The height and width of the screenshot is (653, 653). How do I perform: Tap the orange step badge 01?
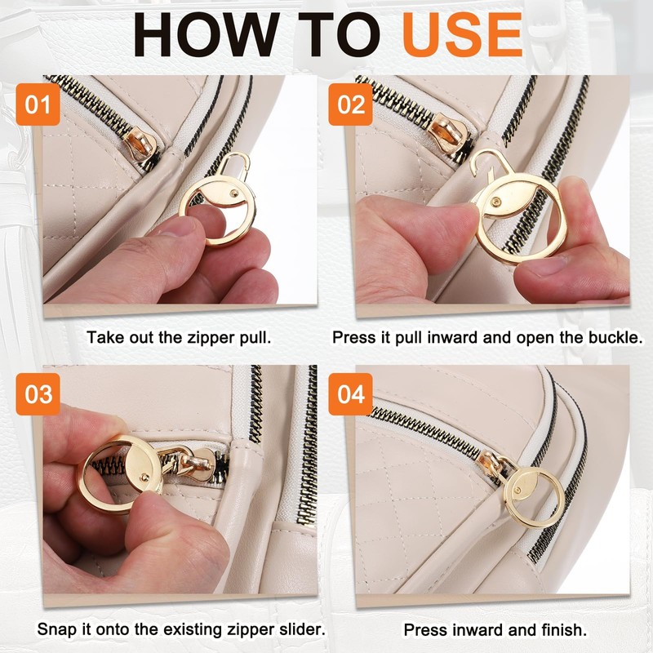click(x=38, y=106)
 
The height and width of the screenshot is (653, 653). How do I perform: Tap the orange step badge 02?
click(x=350, y=106)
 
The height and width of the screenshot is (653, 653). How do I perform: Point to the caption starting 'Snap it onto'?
click(x=181, y=630)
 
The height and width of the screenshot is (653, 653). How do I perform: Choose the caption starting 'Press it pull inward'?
click(x=487, y=337)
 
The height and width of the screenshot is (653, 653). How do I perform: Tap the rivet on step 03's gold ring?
click(x=144, y=478)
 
